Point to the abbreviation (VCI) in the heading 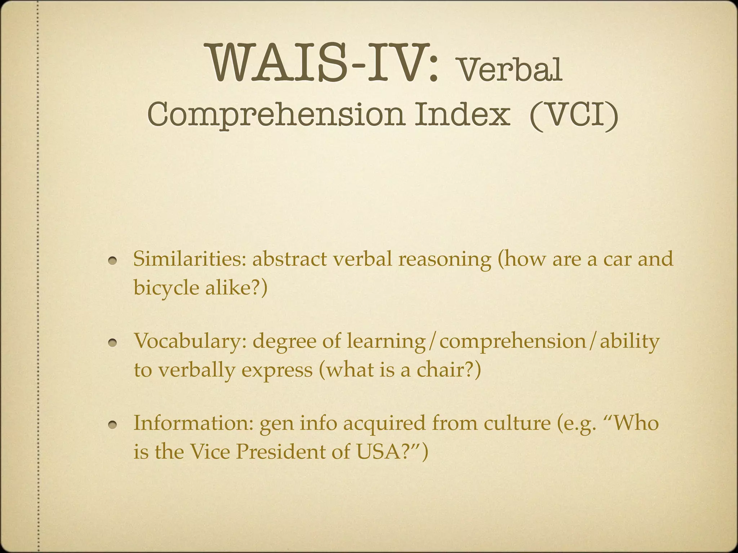pyautogui.click(x=574, y=115)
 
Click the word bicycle pyautogui.click(x=166, y=288)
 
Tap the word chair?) pyautogui.click(x=449, y=370)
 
